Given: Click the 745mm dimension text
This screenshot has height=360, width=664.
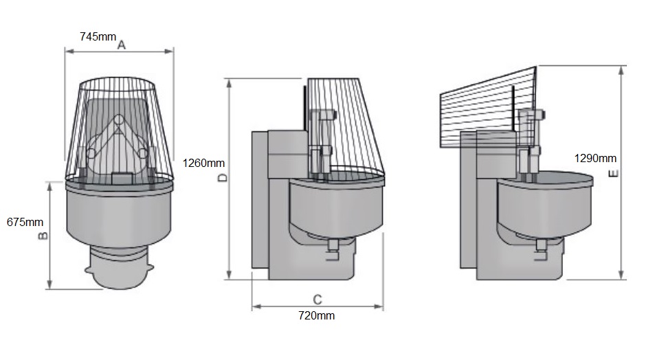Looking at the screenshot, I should point(98,36).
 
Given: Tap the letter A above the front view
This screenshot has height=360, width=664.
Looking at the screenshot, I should point(122,45).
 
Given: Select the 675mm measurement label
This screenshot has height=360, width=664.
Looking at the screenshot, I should point(25,222).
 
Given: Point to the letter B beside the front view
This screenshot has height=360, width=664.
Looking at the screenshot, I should point(42,236).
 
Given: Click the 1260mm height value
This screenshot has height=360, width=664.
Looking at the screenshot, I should point(204,164).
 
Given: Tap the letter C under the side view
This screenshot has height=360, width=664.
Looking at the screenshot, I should point(317,300).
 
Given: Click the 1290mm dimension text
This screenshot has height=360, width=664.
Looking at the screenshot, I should point(596,158).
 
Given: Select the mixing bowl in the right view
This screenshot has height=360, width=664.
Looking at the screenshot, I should point(543,206).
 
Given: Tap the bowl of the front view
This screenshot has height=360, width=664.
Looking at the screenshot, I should point(118,213).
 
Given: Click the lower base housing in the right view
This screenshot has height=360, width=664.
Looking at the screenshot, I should point(522,265).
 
